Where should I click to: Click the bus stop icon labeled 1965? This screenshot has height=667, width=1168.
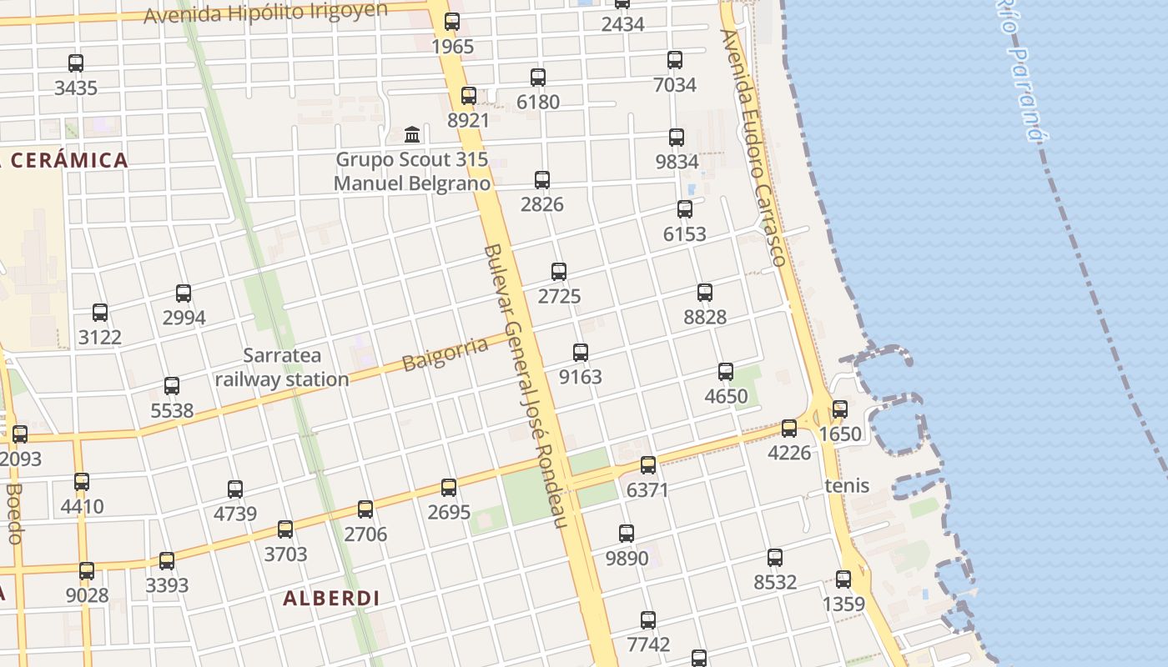point(452,22)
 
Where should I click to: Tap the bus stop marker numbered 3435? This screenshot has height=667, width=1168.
point(76,63)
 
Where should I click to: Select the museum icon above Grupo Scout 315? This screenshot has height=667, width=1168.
point(412,134)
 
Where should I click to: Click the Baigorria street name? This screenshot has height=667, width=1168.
point(445,354)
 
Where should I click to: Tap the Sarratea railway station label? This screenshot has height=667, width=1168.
point(281,368)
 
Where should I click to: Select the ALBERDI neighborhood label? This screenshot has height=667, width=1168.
point(331,598)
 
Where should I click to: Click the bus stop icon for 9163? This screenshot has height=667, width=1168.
point(581,353)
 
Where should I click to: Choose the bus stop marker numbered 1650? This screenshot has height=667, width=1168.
point(840,409)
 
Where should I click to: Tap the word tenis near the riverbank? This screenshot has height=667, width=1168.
point(847,485)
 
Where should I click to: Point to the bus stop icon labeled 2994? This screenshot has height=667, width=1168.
point(184,293)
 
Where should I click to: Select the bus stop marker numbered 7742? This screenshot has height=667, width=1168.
point(648,620)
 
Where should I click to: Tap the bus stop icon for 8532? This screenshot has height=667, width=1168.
point(775,558)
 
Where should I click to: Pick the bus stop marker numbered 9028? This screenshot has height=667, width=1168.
point(87,571)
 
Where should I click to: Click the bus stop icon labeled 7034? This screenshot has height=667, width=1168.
point(675,60)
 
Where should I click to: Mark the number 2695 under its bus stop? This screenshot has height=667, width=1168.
point(449,512)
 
